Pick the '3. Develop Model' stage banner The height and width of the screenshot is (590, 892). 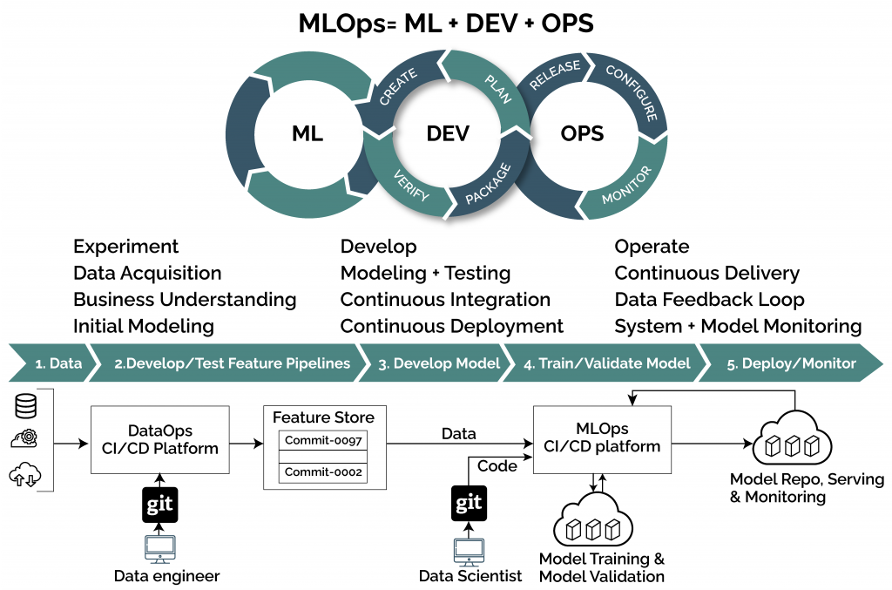tap(438, 363)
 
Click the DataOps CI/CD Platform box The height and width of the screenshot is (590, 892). tap(154, 440)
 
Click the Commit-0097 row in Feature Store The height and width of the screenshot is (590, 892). tap(323, 440)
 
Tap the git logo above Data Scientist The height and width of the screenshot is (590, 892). tap(469, 505)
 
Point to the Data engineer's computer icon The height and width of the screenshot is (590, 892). tap(159, 550)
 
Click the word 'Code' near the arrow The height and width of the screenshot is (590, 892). tap(497, 466)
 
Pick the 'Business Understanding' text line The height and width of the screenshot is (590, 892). tap(185, 300)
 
